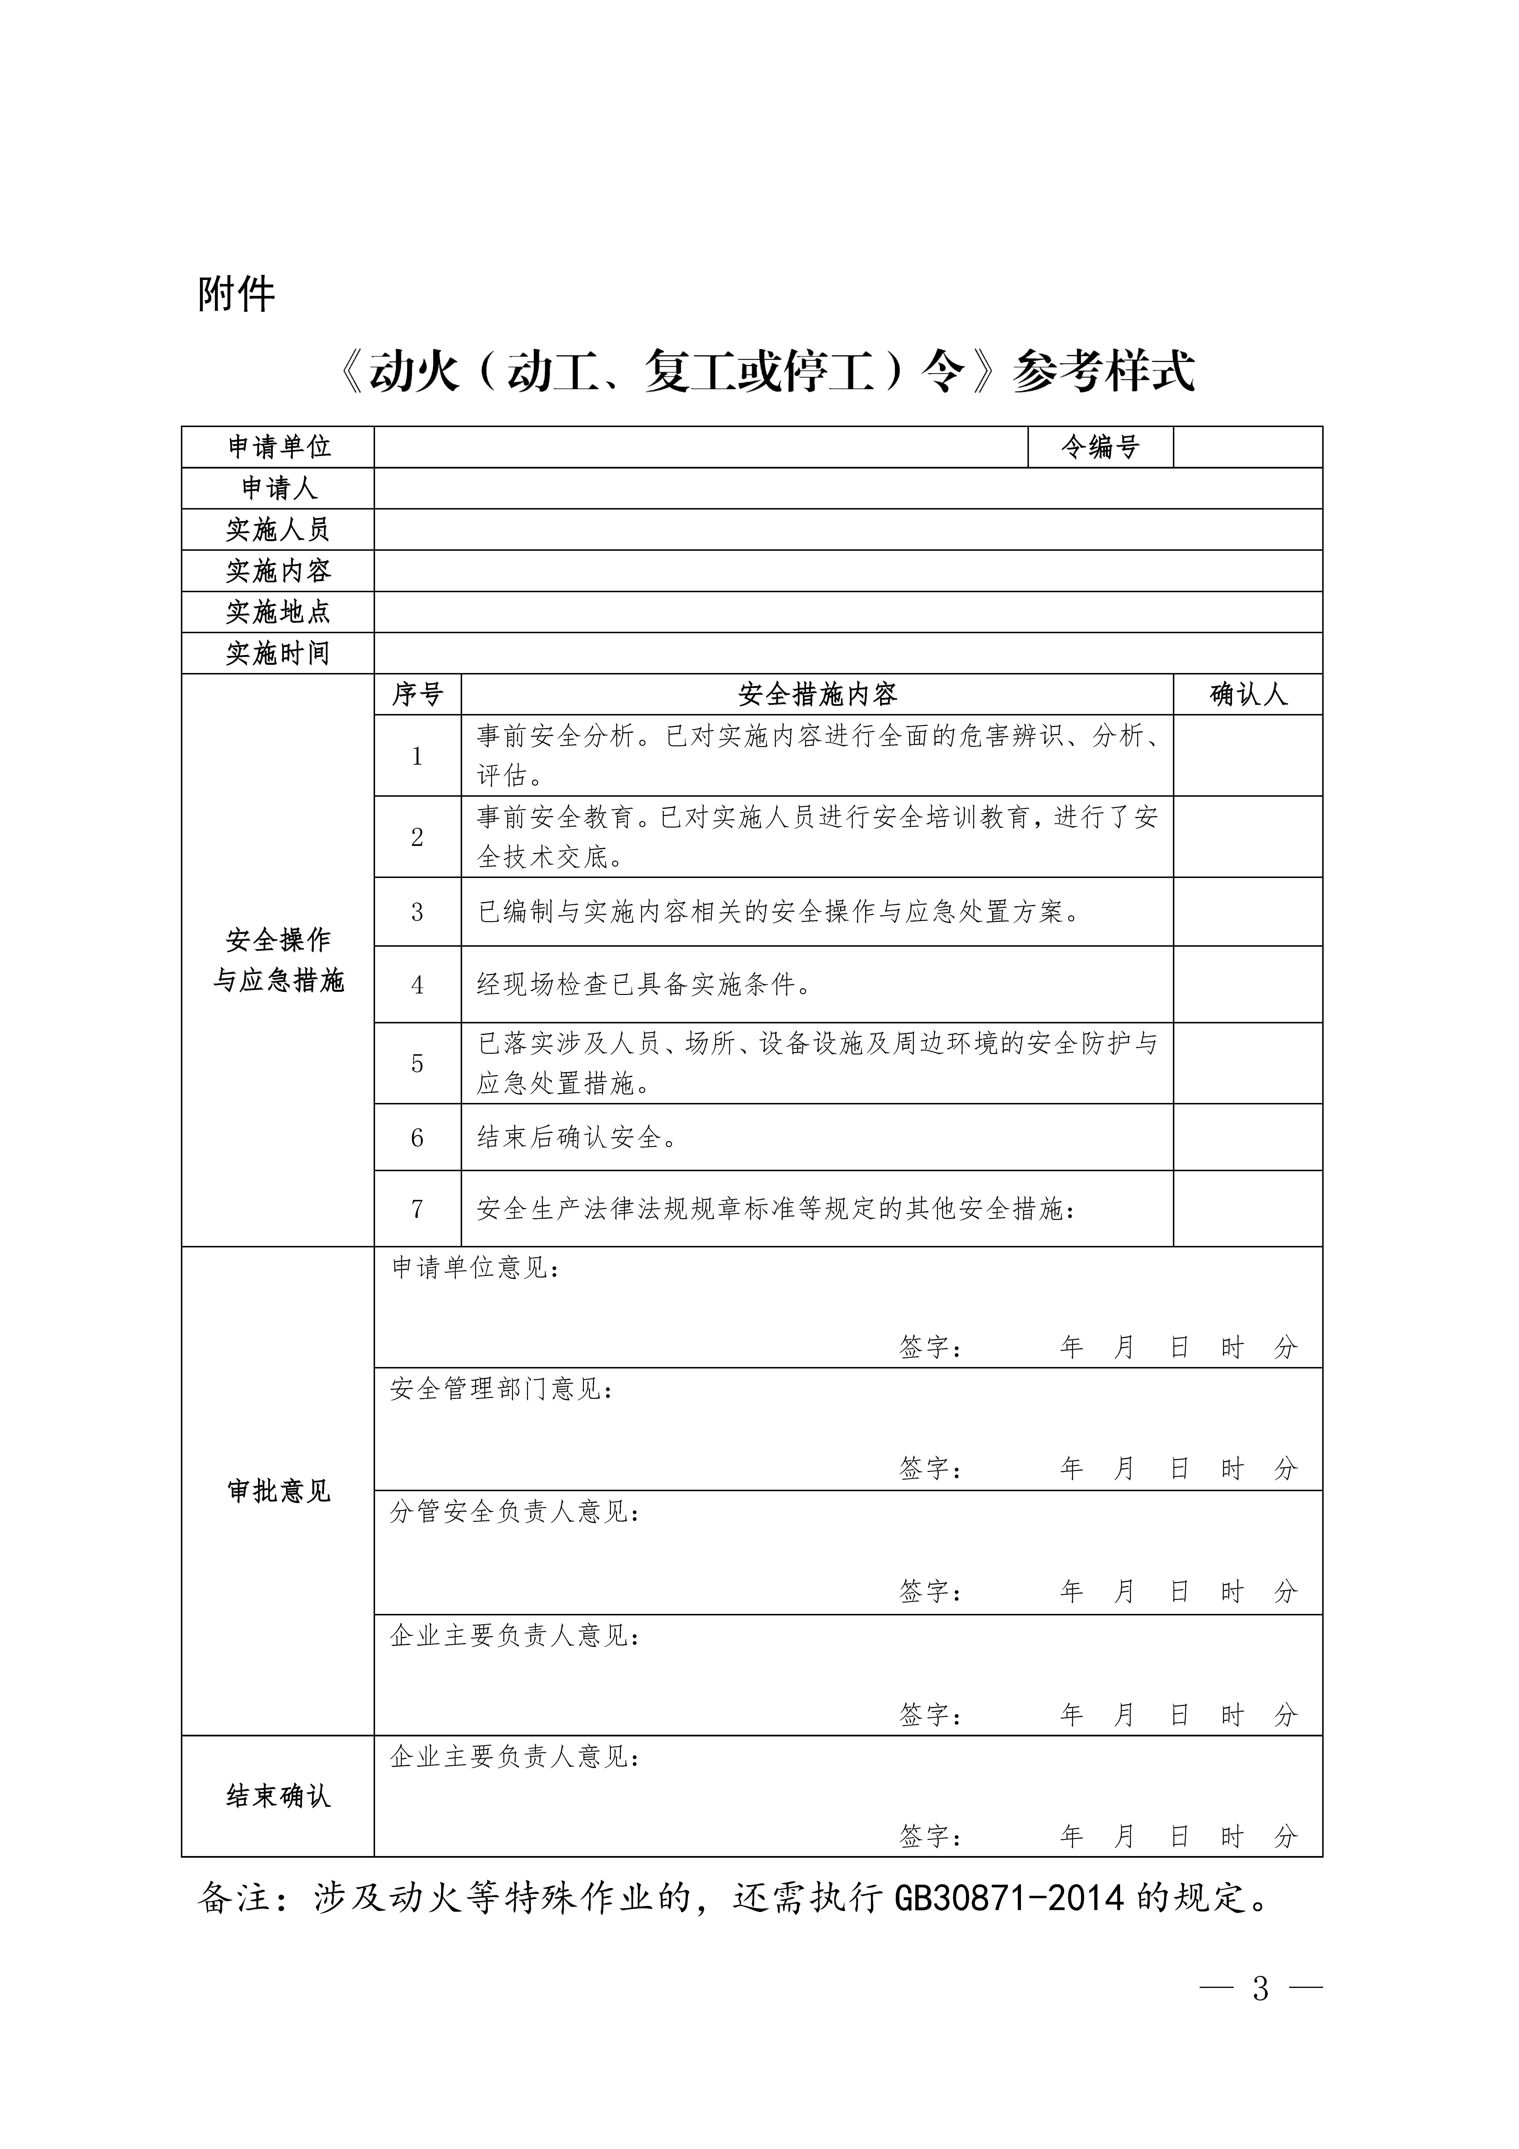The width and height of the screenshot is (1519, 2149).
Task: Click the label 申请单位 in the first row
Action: (279, 447)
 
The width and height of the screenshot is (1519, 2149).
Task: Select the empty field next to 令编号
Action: (1248, 447)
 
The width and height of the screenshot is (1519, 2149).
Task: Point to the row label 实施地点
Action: (279, 612)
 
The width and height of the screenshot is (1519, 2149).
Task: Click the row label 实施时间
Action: (279, 653)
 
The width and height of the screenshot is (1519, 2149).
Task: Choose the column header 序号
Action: (417, 694)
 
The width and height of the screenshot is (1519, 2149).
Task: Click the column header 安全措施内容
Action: (817, 694)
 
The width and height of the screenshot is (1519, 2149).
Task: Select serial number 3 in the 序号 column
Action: (417, 912)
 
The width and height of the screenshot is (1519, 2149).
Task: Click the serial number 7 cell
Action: (417, 1209)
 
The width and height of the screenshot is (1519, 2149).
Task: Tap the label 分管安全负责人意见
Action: (515, 1513)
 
